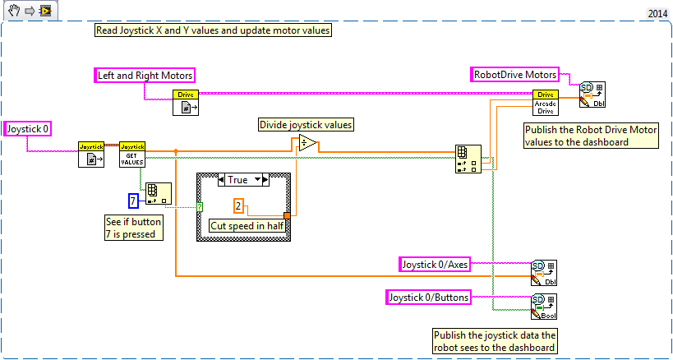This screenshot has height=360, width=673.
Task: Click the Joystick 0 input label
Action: [x=26, y=128]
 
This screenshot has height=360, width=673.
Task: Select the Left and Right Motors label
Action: [x=145, y=76]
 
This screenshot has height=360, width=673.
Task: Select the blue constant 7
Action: [x=134, y=201]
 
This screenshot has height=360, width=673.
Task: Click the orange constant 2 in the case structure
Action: [x=238, y=205]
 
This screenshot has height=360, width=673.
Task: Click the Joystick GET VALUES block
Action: [x=131, y=155]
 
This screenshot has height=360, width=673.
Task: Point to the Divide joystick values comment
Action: [x=306, y=125]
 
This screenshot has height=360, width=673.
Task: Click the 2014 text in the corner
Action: [x=657, y=13]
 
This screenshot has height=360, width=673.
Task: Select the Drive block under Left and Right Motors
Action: [x=187, y=104]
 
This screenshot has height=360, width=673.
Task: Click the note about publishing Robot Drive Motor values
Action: [x=590, y=136]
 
